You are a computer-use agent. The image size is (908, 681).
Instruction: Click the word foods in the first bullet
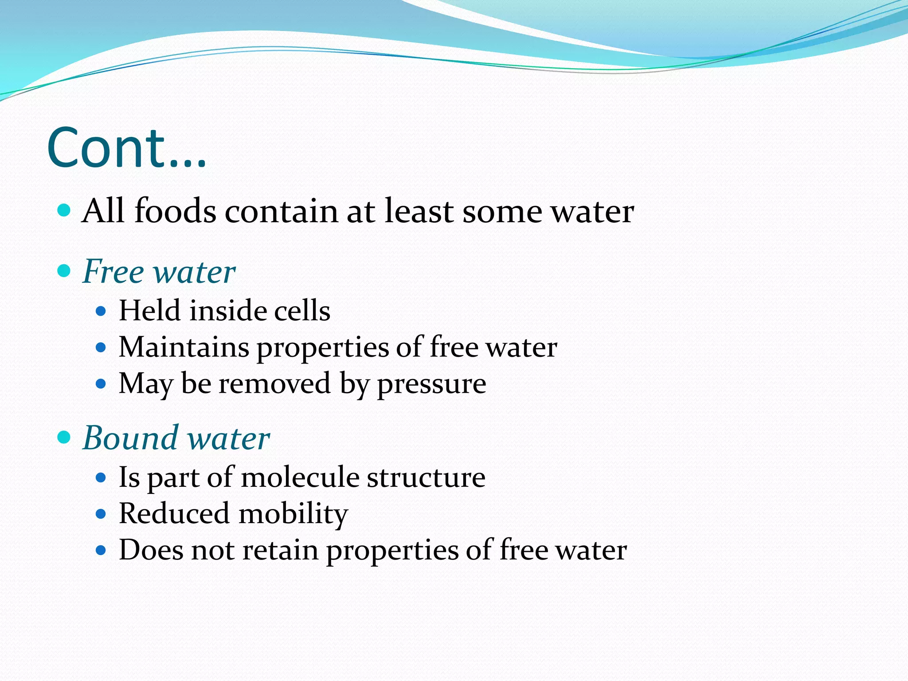(175, 211)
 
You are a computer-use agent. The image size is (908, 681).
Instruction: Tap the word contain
(282, 211)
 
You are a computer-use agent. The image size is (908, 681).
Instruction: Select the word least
(419, 211)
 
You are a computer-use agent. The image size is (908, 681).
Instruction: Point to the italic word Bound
(130, 438)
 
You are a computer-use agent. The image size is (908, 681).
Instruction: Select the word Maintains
(184, 347)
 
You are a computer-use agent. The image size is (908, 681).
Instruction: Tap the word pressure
(431, 384)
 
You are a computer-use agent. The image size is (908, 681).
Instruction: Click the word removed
(275, 384)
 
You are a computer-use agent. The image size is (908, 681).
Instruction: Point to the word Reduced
(174, 514)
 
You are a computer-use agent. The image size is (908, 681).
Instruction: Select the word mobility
(294, 514)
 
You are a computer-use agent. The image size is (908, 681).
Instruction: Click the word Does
(151, 550)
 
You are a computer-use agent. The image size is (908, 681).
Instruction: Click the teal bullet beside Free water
(64, 270)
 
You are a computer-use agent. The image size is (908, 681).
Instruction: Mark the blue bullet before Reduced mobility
(101, 514)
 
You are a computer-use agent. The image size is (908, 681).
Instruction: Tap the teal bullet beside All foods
(64, 210)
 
